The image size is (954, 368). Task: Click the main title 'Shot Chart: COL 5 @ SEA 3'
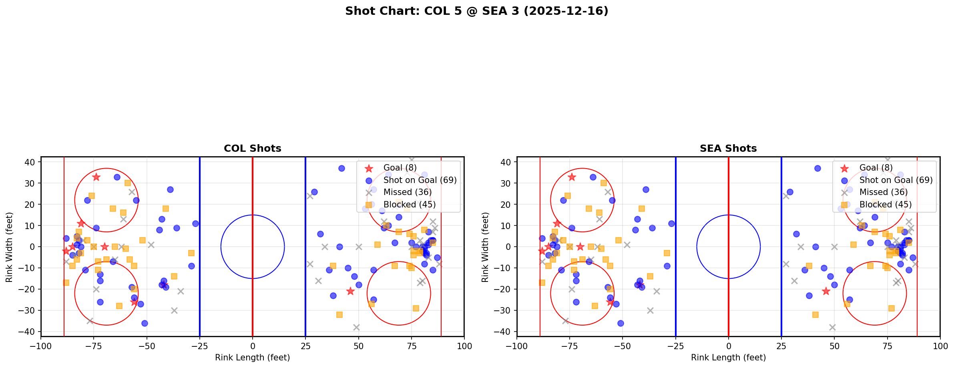point(476,11)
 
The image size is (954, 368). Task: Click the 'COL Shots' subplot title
point(252,149)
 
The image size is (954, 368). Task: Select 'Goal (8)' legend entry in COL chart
point(400,168)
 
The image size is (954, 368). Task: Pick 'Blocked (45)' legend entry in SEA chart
point(885,205)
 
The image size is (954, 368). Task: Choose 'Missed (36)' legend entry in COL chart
point(407,192)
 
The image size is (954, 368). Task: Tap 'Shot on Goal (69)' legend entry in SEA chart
point(896,180)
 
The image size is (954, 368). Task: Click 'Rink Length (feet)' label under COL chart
point(252,358)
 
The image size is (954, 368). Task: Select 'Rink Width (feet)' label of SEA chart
point(485,247)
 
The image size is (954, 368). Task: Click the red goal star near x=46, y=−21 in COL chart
point(350,291)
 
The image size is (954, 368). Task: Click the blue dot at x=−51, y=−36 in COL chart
point(145,323)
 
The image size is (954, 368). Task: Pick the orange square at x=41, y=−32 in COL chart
point(339,315)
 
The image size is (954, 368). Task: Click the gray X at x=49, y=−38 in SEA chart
point(832,327)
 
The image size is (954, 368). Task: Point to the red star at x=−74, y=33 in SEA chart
point(572,177)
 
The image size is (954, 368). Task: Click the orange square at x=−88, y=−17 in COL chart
point(66,283)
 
